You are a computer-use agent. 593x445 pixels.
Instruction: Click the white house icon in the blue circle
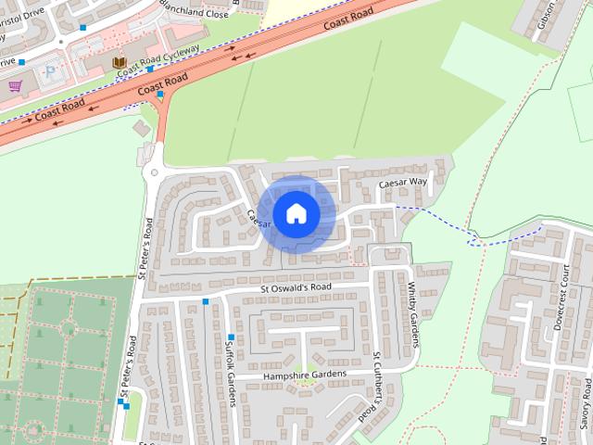(x=296, y=213)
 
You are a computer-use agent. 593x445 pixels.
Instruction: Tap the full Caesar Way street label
(x=403, y=184)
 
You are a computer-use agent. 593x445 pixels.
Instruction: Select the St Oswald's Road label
(x=295, y=287)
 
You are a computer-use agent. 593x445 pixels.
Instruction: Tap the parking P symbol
(x=51, y=69)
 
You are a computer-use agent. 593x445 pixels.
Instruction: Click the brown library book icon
(x=119, y=63)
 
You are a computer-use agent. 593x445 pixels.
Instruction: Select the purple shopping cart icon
(x=16, y=86)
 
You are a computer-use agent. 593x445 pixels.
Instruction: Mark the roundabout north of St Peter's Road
(x=153, y=172)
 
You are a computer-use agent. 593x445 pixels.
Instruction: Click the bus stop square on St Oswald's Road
(x=206, y=302)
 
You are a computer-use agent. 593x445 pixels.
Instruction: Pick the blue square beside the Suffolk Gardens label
(x=231, y=336)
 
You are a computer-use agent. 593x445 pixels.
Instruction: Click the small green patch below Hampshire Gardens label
(x=301, y=382)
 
